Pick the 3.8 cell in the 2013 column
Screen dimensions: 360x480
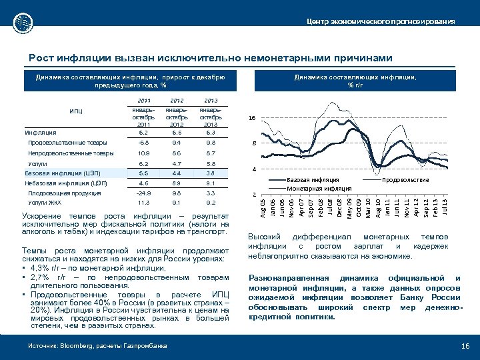211,173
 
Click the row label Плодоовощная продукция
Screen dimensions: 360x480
64,193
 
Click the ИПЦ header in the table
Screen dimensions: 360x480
76,111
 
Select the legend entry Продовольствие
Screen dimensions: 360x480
406,180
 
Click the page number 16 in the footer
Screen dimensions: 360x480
465,345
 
